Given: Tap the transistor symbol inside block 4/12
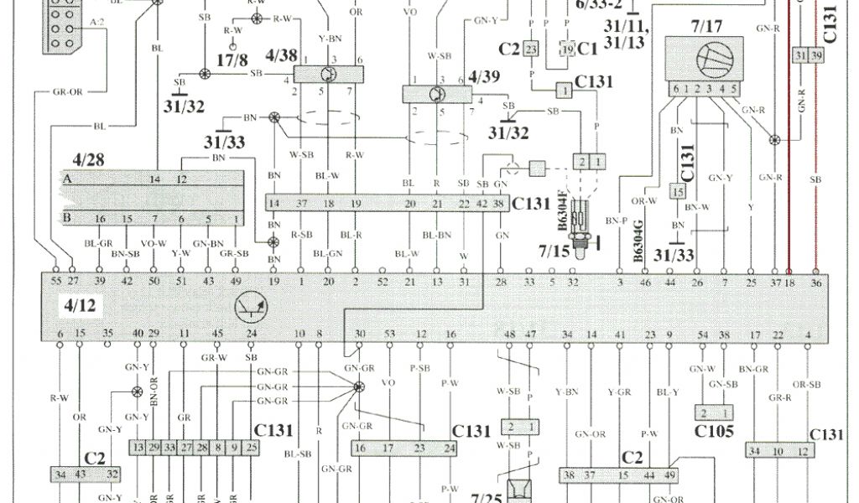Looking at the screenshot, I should [251, 309].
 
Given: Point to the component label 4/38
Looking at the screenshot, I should [281, 56].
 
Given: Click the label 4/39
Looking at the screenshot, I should [484, 77].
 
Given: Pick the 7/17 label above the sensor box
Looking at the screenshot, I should [706, 27].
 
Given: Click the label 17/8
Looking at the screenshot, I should [232, 60].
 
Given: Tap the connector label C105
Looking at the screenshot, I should [715, 433].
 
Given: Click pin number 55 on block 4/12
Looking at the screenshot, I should [55, 282].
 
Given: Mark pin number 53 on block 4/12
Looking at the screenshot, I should [388, 334].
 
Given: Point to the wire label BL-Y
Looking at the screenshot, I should [668, 392].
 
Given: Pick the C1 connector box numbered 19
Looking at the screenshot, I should [568, 49].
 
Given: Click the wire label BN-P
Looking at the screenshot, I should [620, 220].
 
